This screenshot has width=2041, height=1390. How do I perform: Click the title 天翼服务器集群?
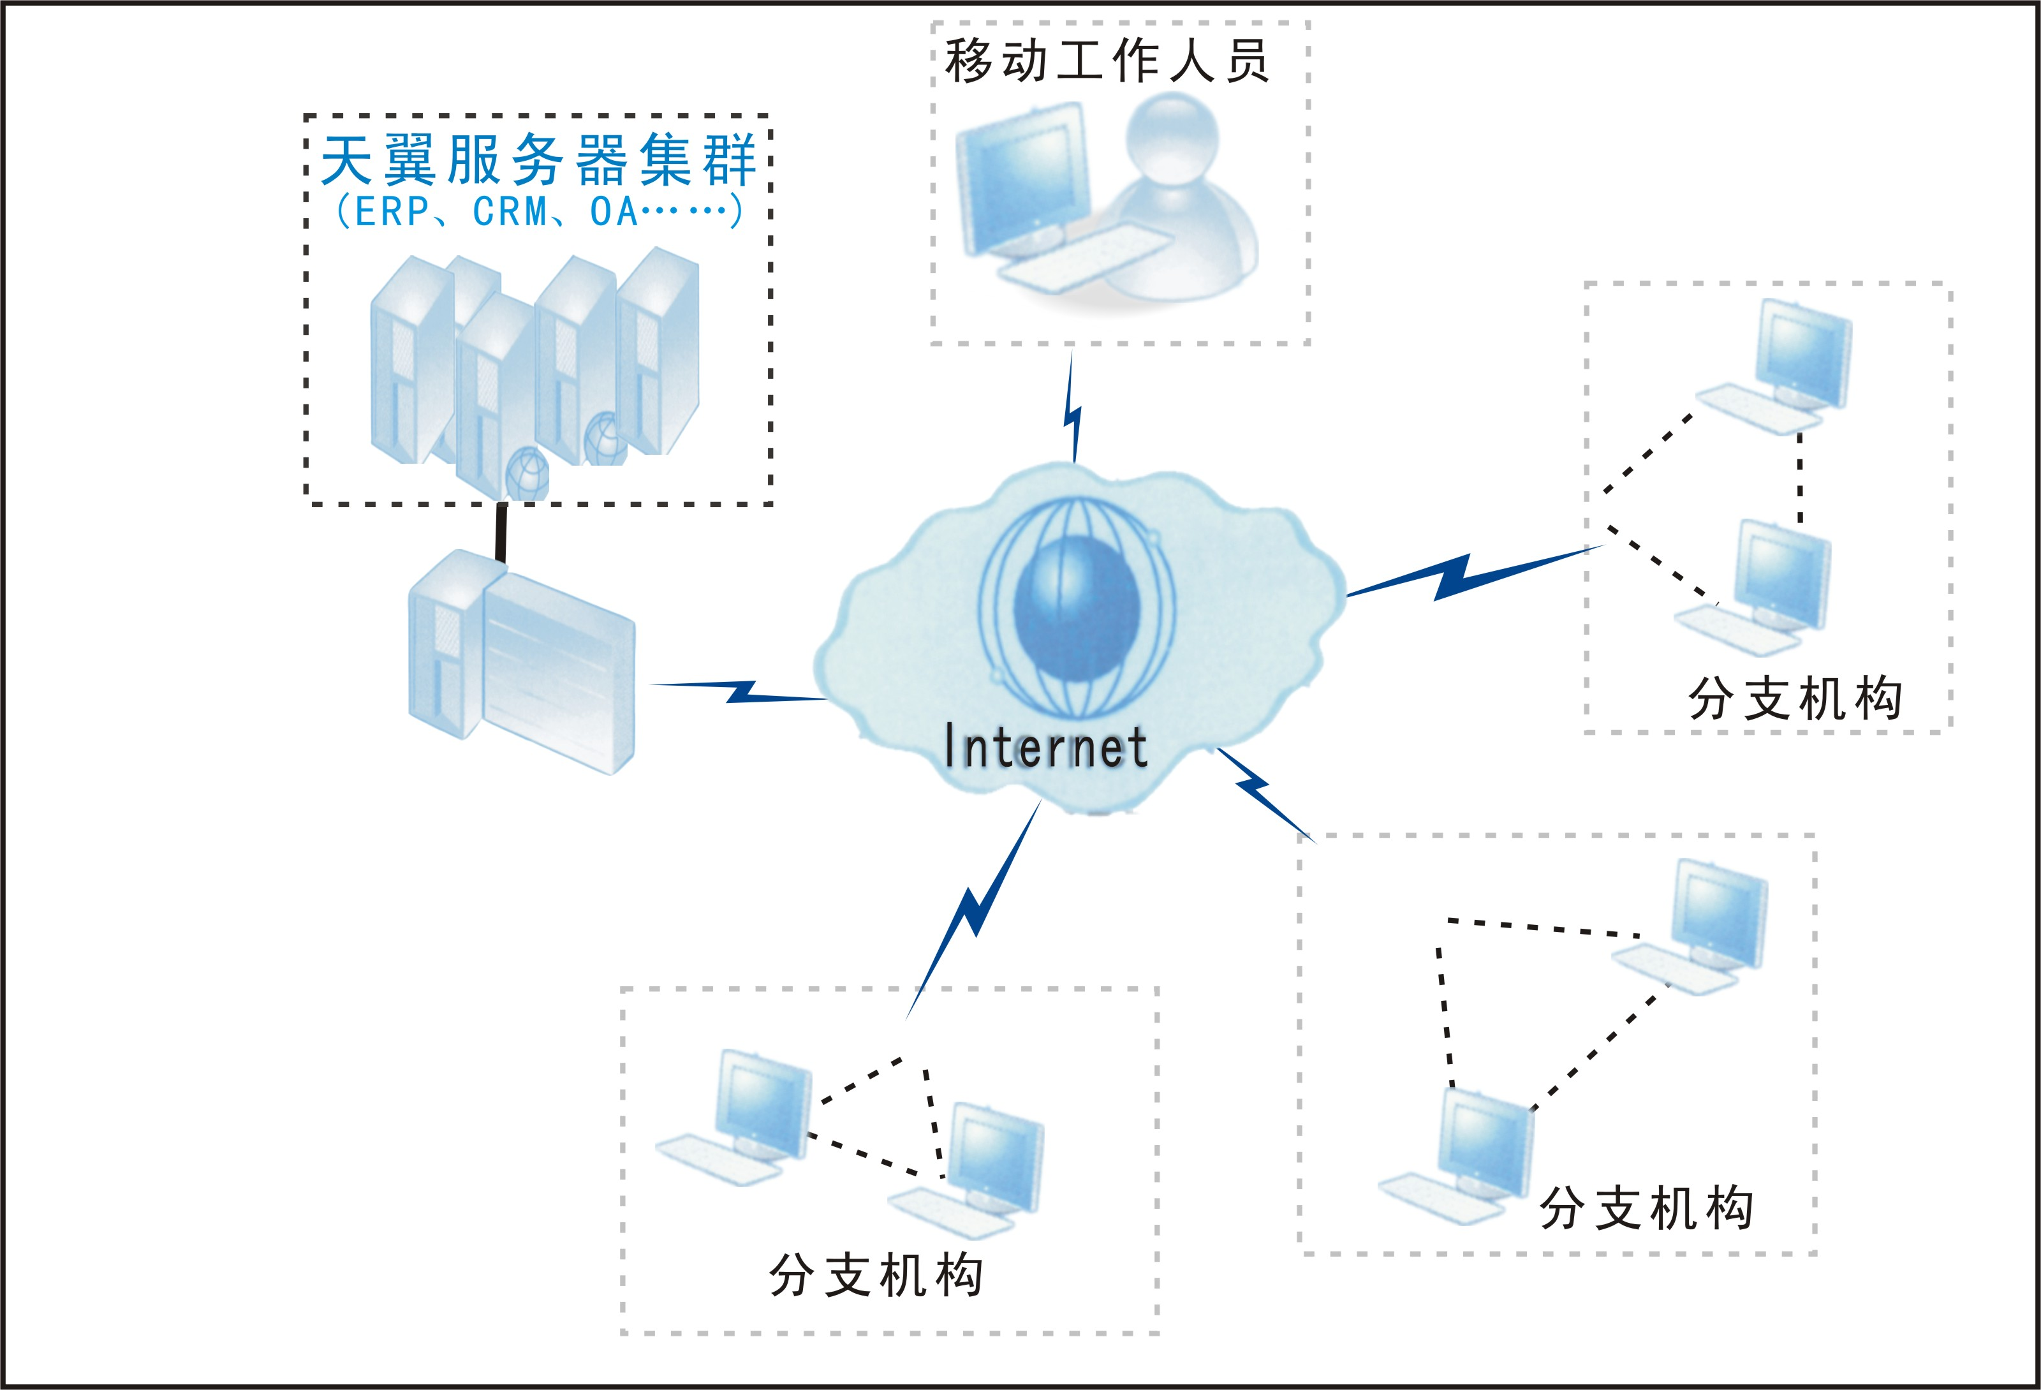coord(538,161)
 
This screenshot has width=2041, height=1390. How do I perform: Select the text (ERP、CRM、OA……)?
coord(538,212)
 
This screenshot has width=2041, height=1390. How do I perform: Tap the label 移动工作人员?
coord(1107,61)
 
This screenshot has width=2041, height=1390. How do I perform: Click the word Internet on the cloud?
coord(1045,748)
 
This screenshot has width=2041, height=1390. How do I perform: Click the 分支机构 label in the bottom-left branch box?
coord(876,1276)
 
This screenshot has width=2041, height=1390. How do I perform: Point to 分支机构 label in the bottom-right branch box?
coord(1647,1208)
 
